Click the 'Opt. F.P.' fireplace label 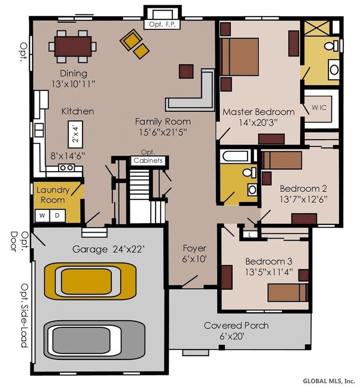tap(162, 24)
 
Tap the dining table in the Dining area tap(73, 47)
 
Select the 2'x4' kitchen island tap(75, 134)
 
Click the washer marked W tap(42, 215)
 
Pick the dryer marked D tap(58, 215)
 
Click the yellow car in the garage tap(90, 281)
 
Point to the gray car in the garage tap(95, 340)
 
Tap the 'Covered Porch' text tap(236, 326)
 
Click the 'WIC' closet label tap(319, 107)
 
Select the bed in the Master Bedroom tap(239, 56)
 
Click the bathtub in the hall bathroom tap(235, 156)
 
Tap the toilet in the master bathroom tap(331, 46)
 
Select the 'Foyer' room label tap(194, 248)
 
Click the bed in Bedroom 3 tap(288, 292)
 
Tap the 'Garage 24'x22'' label tap(109, 249)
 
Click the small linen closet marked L tap(250, 235)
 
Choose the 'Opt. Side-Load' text tap(24, 316)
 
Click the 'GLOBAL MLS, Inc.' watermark tap(329, 381)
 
